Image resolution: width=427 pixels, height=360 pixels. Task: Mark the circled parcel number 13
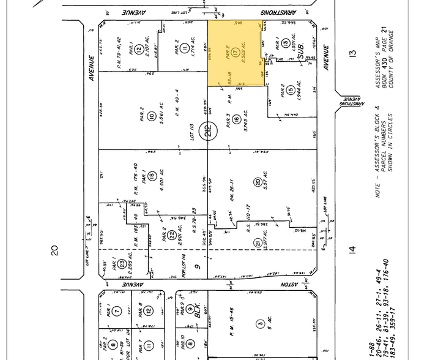pyautogui.click(x=286, y=44)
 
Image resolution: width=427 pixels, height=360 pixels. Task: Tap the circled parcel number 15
pyautogui.click(x=291, y=91)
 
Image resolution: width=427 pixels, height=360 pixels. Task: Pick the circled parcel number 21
pyautogui.click(x=257, y=243)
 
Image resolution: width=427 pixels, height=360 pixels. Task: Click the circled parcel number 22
pyautogui.click(x=173, y=234)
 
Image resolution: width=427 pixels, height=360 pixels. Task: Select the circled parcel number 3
pyautogui.click(x=260, y=323)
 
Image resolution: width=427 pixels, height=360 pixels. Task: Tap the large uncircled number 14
pyautogui.click(x=351, y=249)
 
